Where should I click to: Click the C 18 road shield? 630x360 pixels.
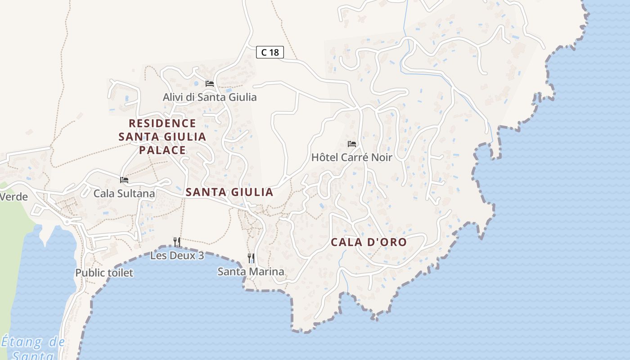pos(270,52)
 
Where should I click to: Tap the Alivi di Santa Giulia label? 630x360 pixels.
pos(210,97)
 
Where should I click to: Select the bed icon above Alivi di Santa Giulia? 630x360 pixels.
pos(210,83)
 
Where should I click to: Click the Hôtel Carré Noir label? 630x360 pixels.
pos(352,157)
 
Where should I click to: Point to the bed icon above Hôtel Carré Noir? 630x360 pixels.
pos(352,144)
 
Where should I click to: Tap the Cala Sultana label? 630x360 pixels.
pos(124,193)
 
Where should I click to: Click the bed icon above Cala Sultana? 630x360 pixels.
pos(124,180)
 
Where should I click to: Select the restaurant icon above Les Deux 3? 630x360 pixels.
pos(177,242)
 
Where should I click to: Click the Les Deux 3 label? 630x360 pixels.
pos(177,256)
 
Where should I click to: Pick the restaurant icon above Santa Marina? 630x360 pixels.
pos(251,258)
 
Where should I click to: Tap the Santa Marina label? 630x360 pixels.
pos(251,271)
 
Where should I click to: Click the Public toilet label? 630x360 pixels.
pos(104,273)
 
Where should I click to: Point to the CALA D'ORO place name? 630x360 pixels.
pos(369,242)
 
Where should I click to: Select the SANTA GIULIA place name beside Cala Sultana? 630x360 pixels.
pos(229,192)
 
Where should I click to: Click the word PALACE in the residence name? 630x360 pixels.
pos(162,150)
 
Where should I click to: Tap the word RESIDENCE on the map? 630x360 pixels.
pos(162,123)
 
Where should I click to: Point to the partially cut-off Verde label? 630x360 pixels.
pos(13,197)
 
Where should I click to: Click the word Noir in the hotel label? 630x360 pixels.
pos(382,157)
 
